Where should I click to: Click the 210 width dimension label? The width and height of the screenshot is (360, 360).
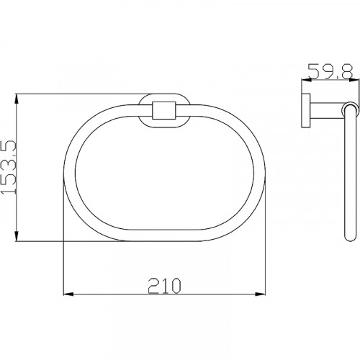tap(164, 286)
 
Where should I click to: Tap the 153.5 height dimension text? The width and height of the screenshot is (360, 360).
tap(9, 167)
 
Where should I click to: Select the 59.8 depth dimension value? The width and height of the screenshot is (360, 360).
tap(330, 71)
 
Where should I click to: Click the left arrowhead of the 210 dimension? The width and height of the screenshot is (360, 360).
tap(68, 294)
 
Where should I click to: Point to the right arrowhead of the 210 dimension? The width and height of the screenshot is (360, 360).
tap(260, 294)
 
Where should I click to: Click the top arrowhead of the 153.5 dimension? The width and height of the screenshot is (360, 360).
tap(17, 99)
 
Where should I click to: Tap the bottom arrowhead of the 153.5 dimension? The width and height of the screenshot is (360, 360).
tap(17, 236)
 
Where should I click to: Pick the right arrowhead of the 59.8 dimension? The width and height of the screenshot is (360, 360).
tap(354, 81)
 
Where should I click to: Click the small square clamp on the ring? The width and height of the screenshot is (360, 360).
tap(164, 111)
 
